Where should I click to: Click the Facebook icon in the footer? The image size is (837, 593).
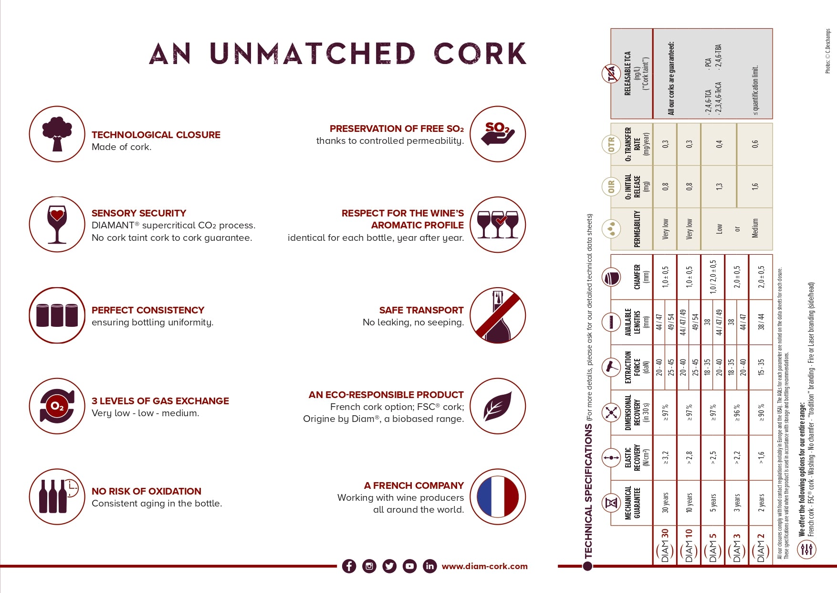(x=349, y=566)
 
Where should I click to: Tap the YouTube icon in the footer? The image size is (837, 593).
(x=409, y=566)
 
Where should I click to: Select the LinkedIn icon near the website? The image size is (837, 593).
(x=429, y=566)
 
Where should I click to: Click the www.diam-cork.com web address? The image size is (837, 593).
(x=484, y=566)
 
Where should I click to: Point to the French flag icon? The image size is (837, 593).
(x=498, y=496)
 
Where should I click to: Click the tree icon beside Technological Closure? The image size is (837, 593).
(x=57, y=134)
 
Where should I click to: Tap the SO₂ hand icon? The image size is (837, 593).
(x=498, y=134)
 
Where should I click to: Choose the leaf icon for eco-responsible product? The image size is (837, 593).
(x=498, y=406)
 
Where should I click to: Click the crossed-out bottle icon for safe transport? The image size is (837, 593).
(x=498, y=315)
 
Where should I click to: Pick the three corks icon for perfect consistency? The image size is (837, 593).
(x=57, y=315)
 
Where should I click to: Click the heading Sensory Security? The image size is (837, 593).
(x=139, y=213)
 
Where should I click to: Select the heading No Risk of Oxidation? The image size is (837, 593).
(x=146, y=491)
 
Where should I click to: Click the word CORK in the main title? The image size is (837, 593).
(x=480, y=53)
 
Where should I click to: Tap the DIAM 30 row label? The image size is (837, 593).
(x=665, y=546)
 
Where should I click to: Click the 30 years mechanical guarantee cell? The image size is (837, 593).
(x=665, y=503)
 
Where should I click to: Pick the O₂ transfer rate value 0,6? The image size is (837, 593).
(x=755, y=144)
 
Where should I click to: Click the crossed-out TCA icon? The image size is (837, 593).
(x=611, y=74)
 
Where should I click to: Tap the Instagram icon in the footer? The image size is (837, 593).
(x=369, y=566)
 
